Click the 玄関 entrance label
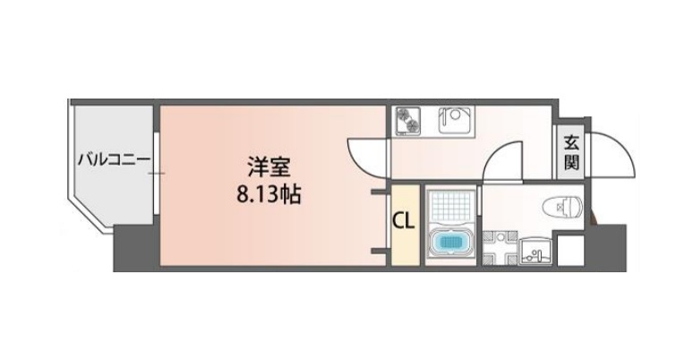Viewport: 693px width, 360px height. (x=570, y=152)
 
